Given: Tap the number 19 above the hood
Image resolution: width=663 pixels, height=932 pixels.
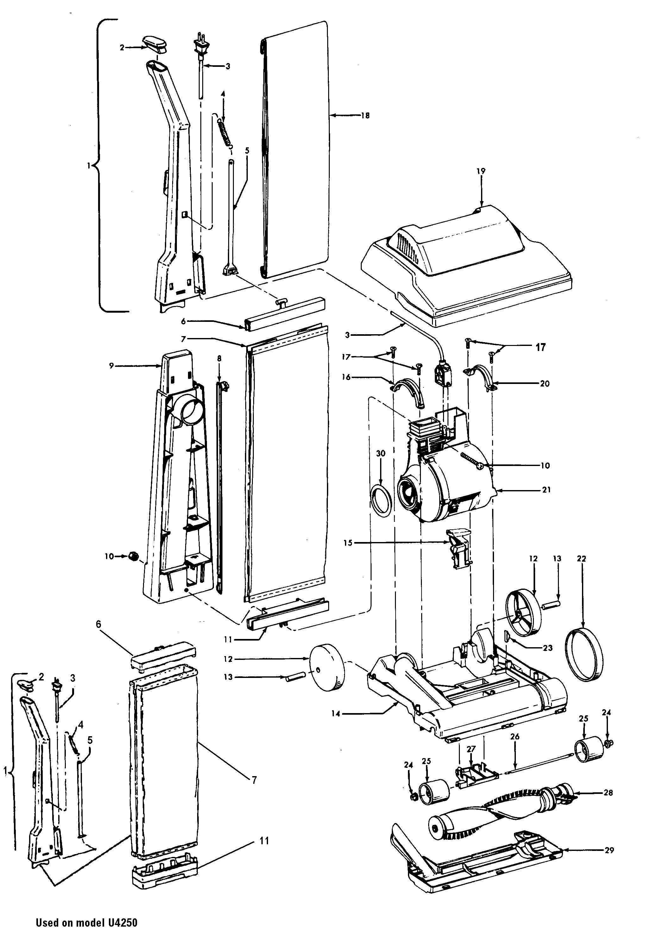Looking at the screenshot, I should point(481,171).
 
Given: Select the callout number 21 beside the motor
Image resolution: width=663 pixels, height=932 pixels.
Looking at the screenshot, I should point(546,490).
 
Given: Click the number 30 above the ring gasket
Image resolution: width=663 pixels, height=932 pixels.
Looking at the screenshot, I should point(380,454).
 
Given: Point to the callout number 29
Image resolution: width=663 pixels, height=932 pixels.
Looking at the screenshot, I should point(609,850).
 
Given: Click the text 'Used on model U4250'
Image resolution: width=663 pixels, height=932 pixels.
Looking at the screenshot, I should point(86,922).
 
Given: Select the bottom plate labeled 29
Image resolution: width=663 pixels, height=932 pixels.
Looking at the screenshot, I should point(473,862).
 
